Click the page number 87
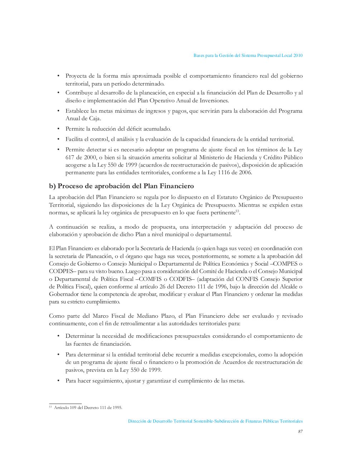300,432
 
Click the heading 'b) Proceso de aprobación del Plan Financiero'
121,186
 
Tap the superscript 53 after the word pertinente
237,211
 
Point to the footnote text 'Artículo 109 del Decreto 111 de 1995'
88,408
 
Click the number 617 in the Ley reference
69,157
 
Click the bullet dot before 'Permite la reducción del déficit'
58,129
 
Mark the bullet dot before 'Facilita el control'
58,139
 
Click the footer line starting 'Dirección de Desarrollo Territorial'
215,422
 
